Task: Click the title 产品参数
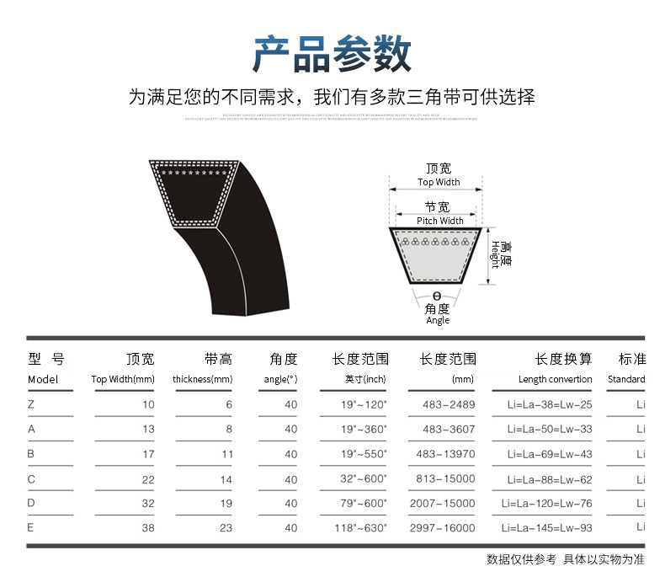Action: click(332, 53)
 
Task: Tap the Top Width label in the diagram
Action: click(439, 182)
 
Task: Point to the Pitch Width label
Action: click(439, 221)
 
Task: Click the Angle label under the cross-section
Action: click(438, 320)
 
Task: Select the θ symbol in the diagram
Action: click(437, 296)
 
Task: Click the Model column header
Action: click(43, 379)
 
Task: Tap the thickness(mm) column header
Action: click(202, 379)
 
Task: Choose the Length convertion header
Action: click(555, 379)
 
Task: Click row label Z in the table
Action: click(31, 404)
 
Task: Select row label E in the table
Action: click(31, 528)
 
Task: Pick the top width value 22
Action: click(148, 479)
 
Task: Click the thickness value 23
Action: click(225, 528)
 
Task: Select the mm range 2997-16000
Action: click(442, 528)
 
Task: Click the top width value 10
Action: click(148, 404)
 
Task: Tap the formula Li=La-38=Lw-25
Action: click(551, 404)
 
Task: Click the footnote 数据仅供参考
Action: click(521, 558)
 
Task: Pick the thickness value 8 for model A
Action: click(228, 429)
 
